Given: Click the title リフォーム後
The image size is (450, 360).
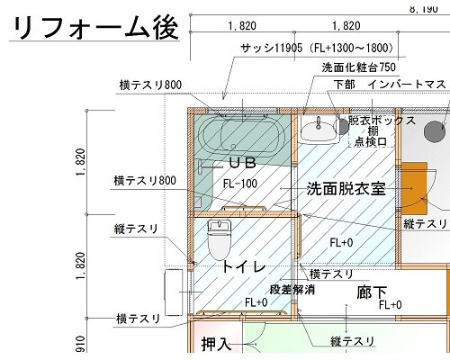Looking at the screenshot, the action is coord(96,28).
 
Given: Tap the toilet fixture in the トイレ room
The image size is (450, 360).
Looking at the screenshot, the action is coord(220,239).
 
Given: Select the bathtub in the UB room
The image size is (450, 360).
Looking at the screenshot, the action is coord(240,137).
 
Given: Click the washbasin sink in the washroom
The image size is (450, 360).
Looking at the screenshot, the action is coord(319,130).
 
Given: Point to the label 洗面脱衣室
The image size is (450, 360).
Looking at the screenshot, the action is coord(346,189).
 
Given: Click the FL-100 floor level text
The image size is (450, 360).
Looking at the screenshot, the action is coord(240,184).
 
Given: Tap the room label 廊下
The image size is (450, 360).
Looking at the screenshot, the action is coord(372,292).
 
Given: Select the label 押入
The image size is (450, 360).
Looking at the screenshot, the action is coord(216,344).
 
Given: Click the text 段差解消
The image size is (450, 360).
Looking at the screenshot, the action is coord(292,290).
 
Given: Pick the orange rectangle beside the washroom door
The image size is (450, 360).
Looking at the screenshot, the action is coord(414,188).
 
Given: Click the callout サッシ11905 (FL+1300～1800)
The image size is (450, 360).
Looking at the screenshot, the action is coord(317,48).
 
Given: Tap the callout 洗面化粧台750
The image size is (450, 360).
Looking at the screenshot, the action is coord(359,67).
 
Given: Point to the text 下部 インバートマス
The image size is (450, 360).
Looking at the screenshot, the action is coord(390,85).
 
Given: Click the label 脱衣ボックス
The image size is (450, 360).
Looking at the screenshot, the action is coord(382,121).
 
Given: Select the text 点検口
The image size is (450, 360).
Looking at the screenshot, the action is coord(371,141).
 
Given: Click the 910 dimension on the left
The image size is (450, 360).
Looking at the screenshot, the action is coord(81,344).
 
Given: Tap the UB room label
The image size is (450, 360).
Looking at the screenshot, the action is coord(243,163).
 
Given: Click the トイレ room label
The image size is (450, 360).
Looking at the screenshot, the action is coord(244,266).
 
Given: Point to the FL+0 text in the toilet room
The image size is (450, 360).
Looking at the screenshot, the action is coord(256,302).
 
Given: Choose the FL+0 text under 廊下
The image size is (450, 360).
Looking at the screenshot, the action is coord(390,305).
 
